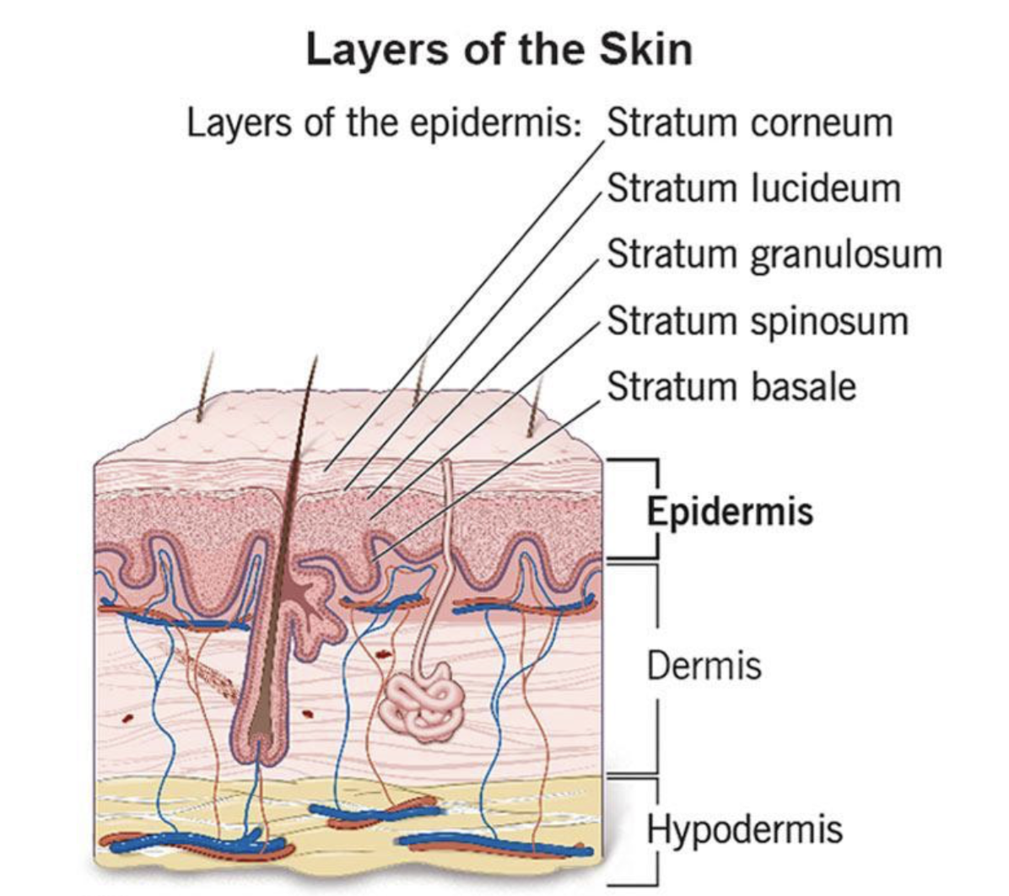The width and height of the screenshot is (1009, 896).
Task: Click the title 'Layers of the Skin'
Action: tap(499, 50)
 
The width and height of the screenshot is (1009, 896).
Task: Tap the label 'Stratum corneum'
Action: tap(750, 122)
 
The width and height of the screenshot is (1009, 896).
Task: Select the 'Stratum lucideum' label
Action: tap(753, 189)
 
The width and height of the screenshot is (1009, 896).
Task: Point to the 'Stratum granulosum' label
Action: tap(774, 255)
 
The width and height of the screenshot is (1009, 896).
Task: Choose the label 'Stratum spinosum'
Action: tap(758, 321)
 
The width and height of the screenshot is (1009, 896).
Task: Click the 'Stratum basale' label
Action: tap(731, 387)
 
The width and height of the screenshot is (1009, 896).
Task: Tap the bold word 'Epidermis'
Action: tap(730, 512)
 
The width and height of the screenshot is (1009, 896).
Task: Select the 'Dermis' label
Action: tap(704, 665)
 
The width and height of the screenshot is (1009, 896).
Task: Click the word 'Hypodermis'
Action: tap(745, 829)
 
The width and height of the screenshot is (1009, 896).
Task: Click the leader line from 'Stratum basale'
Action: tap(486, 481)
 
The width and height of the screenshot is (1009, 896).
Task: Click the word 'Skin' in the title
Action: tap(646, 50)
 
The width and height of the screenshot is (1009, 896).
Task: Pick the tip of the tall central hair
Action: tap(316, 356)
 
